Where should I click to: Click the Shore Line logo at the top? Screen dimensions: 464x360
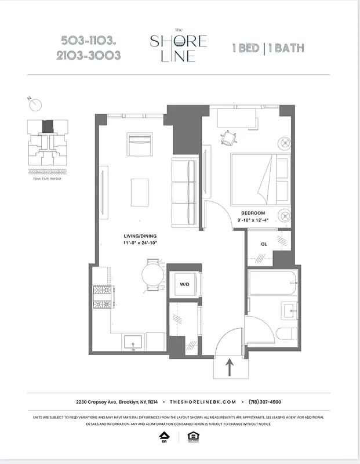pos(178,46)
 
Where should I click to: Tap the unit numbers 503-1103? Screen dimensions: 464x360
pos(90,41)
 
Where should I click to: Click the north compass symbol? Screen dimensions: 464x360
pos(37,104)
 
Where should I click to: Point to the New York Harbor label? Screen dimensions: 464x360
pos(47,179)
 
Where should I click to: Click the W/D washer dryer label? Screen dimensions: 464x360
pos(184,284)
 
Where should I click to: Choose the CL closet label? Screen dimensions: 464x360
pos(264,244)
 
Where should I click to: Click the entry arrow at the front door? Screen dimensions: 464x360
pos(230,366)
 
